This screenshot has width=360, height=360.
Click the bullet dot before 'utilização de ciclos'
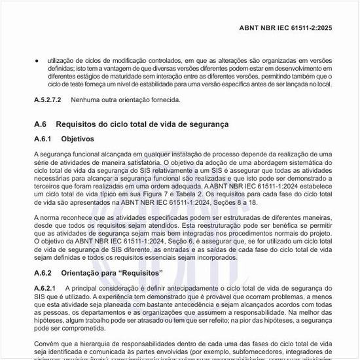pos(37,60)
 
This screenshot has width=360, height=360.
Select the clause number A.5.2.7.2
pos(48,100)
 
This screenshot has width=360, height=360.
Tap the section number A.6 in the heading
pos(41,124)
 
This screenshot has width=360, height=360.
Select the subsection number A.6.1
pos(44,139)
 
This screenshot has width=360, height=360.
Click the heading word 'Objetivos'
pos(78,139)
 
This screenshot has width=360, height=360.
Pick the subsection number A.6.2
pos(44,272)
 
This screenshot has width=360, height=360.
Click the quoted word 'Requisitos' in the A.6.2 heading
pos(141,272)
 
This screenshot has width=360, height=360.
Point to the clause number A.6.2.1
pos(45,288)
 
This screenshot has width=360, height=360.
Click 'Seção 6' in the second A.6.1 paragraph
pos(170,242)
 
